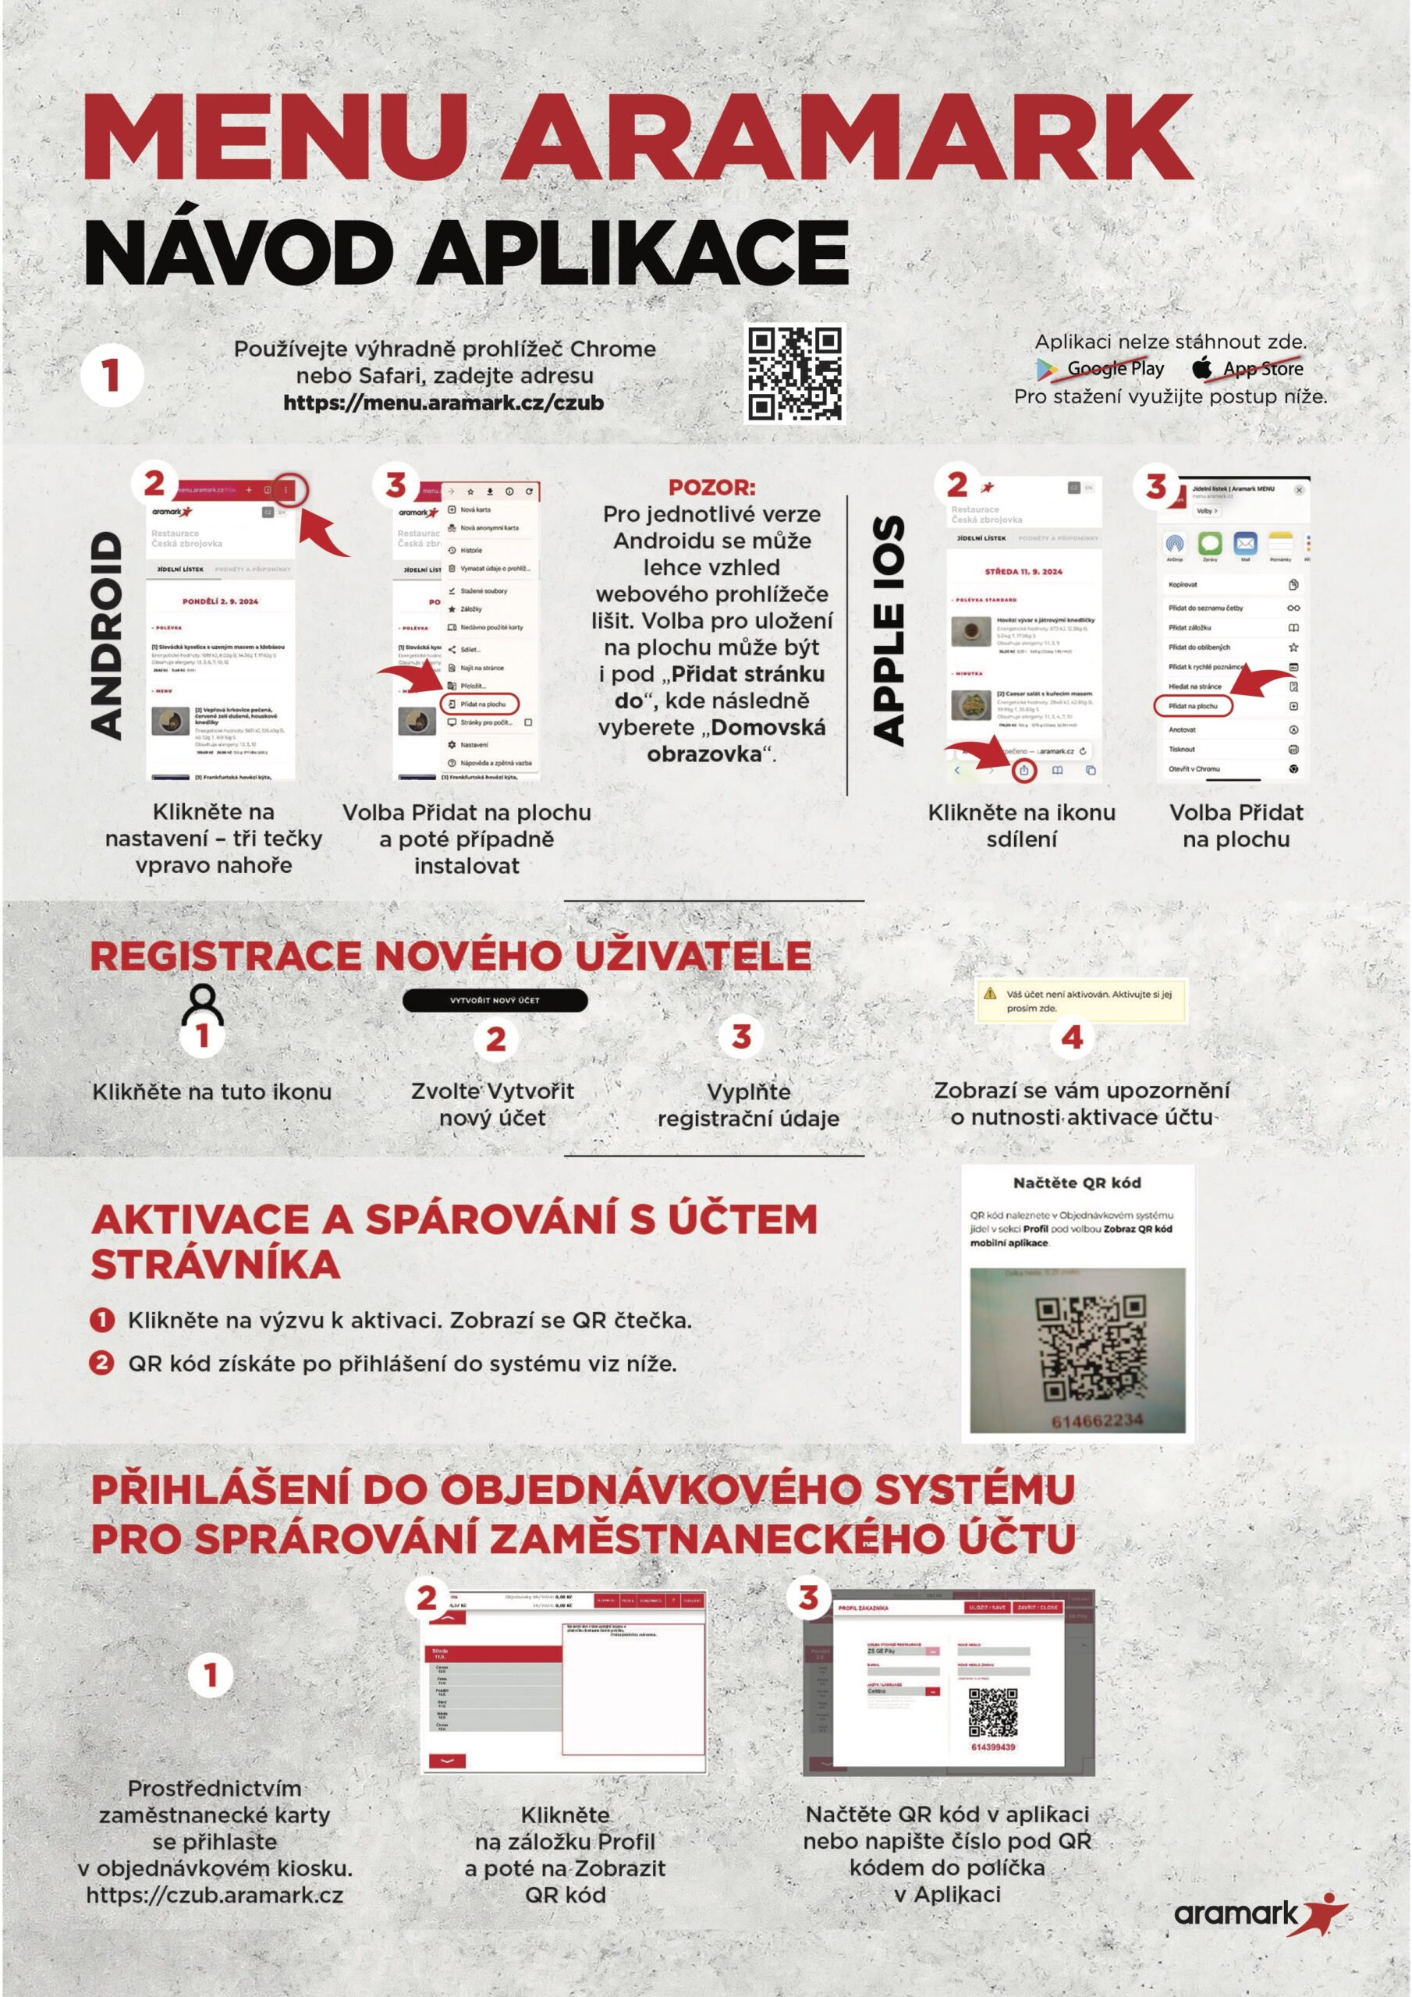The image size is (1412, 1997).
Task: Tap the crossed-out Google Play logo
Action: click(x=1047, y=369)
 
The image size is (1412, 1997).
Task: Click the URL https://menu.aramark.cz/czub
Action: click(x=443, y=403)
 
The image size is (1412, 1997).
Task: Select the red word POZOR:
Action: click(x=711, y=488)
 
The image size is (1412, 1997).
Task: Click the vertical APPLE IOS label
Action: click(x=889, y=630)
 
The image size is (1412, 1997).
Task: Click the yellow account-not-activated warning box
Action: click(x=1082, y=1001)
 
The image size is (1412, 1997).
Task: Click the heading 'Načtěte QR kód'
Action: click(x=1077, y=1183)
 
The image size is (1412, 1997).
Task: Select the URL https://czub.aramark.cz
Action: click(x=214, y=1896)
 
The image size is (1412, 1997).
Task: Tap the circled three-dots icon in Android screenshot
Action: click(x=287, y=491)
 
